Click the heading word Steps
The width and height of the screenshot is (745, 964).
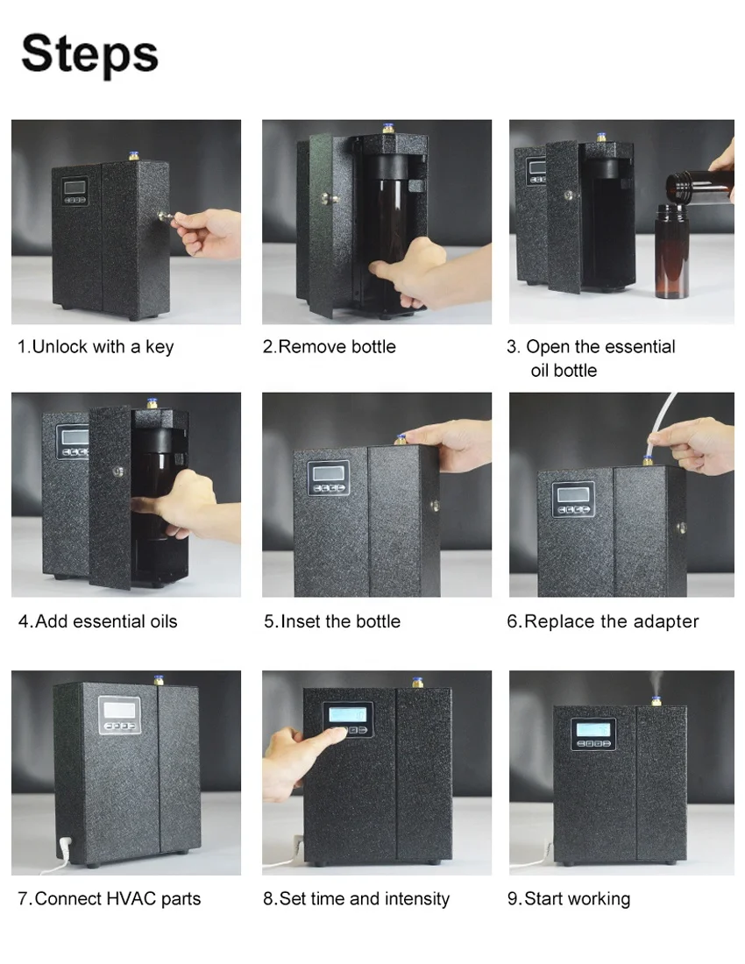[89, 54]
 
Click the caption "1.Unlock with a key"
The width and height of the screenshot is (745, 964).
[96, 347]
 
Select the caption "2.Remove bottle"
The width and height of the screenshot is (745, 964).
[330, 347]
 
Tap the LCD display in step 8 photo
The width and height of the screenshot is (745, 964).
[347, 714]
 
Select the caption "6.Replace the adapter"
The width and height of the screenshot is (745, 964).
[602, 621]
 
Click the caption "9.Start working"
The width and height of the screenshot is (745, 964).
[569, 899]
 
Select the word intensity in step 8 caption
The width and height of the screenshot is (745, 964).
[416, 899]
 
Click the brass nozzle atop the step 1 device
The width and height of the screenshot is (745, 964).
[133, 156]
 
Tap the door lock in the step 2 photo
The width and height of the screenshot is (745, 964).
[329, 198]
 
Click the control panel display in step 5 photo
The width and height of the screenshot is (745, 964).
[329, 473]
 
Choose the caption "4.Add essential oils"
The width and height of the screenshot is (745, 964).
[98, 621]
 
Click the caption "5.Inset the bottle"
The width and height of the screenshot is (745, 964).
[332, 621]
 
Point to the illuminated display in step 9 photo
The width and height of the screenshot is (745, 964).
[592, 730]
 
